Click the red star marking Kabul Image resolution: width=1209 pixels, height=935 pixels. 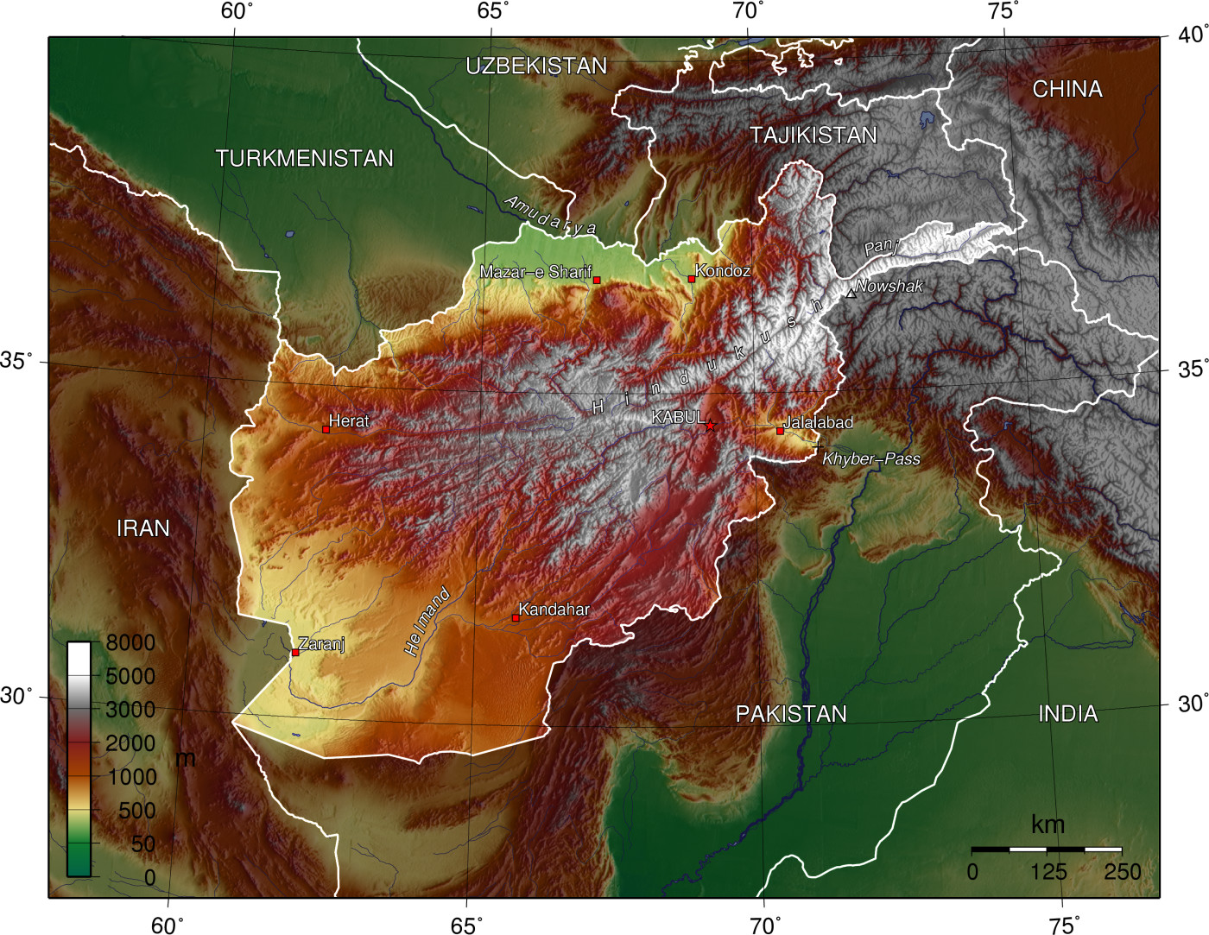(x=710, y=426)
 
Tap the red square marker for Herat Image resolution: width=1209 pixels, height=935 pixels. (x=326, y=429)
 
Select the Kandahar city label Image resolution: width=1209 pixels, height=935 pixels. (x=554, y=610)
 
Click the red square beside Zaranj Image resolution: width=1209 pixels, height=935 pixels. (x=295, y=653)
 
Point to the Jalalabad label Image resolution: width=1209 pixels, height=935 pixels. (x=818, y=422)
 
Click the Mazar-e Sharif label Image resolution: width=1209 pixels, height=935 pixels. (x=535, y=272)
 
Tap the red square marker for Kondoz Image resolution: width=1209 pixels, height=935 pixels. (x=692, y=279)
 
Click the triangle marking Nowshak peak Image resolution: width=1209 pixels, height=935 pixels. (x=851, y=294)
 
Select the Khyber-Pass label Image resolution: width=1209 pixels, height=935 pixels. (x=870, y=459)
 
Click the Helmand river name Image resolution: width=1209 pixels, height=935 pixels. (x=427, y=622)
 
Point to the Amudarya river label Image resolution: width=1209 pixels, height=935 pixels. (x=550, y=215)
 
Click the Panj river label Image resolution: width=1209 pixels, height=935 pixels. (x=882, y=247)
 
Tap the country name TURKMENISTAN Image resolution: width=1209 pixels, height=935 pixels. (x=304, y=158)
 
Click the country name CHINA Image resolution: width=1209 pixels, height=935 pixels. (x=1067, y=89)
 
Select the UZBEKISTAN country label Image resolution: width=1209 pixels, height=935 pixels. (x=536, y=66)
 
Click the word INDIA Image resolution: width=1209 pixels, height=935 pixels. (x=1067, y=713)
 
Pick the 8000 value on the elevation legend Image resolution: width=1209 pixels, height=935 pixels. (x=130, y=642)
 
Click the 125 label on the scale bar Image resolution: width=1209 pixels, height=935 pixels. (x=1048, y=872)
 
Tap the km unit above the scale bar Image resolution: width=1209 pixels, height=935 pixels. (x=1048, y=824)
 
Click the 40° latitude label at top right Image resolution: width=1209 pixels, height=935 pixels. (x=1193, y=35)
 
